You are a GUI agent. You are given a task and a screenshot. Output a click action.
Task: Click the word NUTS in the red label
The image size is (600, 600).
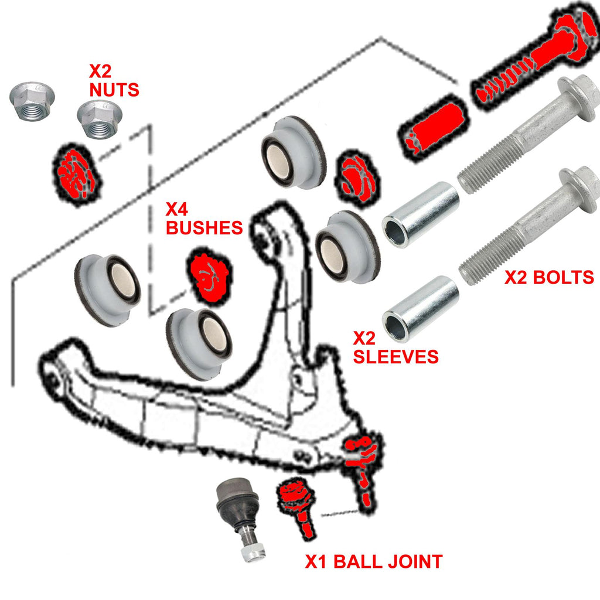[114, 90]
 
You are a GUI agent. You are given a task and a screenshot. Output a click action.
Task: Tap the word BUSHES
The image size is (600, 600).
[204, 227]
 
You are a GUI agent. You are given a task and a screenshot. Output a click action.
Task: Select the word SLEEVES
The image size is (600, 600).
[396, 356]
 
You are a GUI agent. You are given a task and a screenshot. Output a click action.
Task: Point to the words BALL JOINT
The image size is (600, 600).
[387, 561]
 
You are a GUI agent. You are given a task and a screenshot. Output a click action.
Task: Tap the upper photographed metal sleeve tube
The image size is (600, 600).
[420, 214]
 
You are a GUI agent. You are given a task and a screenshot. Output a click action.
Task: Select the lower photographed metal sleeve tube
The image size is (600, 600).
[420, 309]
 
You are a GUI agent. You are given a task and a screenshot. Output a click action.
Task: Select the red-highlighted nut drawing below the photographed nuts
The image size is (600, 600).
[77, 172]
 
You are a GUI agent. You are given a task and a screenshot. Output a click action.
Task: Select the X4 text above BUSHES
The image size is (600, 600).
[178, 209]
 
